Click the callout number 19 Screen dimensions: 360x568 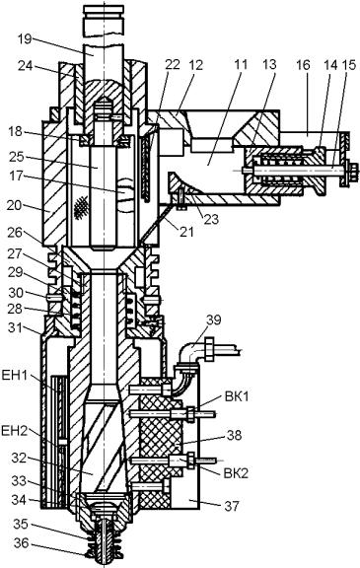click(26, 39)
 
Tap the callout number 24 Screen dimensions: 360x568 click(26, 66)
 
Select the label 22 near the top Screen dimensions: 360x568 click(173, 64)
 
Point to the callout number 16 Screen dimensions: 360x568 click(303, 64)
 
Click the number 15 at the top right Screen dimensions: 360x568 click(349, 65)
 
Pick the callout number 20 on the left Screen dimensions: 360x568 click(15, 205)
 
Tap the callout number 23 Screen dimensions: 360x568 click(210, 219)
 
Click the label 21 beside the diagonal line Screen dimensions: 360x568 click(186, 231)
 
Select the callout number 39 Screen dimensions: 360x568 click(214, 320)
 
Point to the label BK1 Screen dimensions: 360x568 click(237, 396)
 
